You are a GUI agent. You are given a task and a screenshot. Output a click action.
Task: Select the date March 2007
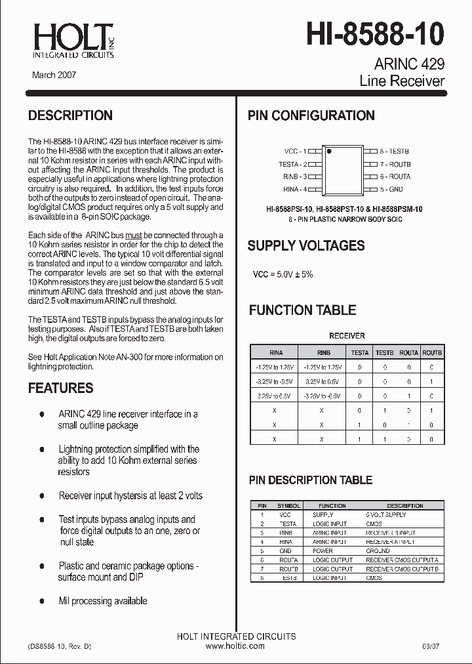pos(54,75)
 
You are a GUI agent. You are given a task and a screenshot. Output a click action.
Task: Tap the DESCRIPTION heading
pos(70,115)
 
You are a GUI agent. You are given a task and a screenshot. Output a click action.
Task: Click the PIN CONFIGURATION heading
pos(311,115)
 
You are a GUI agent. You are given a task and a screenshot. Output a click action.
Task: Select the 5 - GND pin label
pos(391,189)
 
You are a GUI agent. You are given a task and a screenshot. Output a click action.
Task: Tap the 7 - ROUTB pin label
pos(395,163)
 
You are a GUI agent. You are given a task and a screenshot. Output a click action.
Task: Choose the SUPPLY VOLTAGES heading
pos(305,246)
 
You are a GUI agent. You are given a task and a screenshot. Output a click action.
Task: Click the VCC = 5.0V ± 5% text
pos(283,274)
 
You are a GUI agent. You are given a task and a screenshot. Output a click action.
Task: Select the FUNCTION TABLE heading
pos(302,310)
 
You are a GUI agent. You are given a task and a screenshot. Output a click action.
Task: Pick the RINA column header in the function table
pos(276,352)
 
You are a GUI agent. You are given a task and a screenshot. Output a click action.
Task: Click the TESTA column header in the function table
pos(360,352)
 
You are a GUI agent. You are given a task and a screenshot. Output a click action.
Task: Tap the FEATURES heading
pos(60,388)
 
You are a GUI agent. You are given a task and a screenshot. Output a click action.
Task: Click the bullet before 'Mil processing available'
pos(42,601)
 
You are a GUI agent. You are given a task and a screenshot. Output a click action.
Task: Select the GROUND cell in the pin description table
pos(377,550)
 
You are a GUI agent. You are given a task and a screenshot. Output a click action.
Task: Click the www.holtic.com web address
pos(235,646)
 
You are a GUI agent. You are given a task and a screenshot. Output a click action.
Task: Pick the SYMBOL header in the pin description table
pos(288,506)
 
